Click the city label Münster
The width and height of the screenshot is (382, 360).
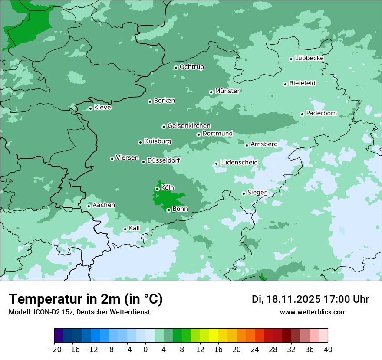pyautogui.click(x=227, y=91)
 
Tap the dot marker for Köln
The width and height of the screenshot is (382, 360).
pyautogui.click(x=157, y=189)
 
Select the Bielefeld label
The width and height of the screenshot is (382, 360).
pyautogui.click(x=302, y=83)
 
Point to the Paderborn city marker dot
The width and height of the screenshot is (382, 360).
pyautogui.click(x=303, y=114)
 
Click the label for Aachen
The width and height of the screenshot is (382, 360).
pyautogui.click(x=104, y=205)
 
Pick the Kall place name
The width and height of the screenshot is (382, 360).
pyautogui.click(x=135, y=228)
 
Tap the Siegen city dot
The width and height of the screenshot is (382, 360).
pyautogui.click(x=244, y=193)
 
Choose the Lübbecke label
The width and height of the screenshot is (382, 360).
pyautogui.click(x=309, y=58)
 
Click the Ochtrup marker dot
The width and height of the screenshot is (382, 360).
pyautogui.click(x=176, y=68)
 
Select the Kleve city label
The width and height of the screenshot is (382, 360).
pyautogui.click(x=102, y=108)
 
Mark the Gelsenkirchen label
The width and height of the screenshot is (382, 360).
pyautogui.click(x=189, y=126)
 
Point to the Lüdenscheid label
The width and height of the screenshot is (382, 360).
pyautogui.click(x=239, y=163)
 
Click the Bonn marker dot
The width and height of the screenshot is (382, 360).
pyautogui.click(x=168, y=210)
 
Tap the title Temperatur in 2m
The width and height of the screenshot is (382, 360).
pyautogui.click(x=86, y=299)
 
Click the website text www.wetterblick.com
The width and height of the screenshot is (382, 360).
pyautogui.click(x=313, y=312)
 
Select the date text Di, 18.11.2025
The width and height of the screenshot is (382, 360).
pyautogui.click(x=286, y=299)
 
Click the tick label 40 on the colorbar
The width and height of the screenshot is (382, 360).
pyautogui.click(x=328, y=350)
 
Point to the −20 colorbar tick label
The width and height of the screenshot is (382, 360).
pyautogui.click(x=54, y=350)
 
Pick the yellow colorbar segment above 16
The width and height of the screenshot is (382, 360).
pyautogui.click(x=214, y=336)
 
